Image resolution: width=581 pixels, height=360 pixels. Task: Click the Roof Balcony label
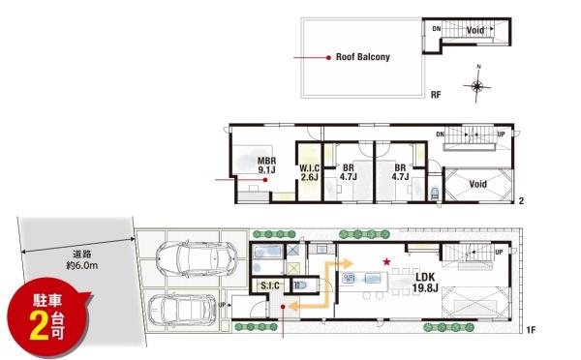click(363, 57)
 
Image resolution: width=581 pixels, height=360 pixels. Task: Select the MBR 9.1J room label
click(267, 165)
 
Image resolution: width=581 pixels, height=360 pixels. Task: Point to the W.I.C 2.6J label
click(310, 172)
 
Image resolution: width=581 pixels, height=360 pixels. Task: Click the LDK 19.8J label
click(425, 283)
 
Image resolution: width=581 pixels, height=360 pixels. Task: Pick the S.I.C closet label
click(270, 285)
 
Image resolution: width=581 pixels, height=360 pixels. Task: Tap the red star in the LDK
click(386, 262)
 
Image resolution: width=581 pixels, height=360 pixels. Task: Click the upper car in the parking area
click(197, 257)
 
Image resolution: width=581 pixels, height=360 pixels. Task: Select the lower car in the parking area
click(182, 310)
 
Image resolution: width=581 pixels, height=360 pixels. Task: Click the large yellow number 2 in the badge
click(40, 326)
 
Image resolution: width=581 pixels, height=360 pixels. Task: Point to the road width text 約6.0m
click(82, 265)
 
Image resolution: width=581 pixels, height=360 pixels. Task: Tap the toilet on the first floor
click(300, 285)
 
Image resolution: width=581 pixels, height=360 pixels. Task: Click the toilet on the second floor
click(435, 193)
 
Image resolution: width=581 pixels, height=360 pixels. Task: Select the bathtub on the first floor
click(267, 252)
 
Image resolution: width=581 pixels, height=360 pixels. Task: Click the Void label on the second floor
click(478, 184)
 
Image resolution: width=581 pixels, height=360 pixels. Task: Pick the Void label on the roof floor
click(475, 30)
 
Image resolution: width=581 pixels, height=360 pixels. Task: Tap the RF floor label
click(436, 95)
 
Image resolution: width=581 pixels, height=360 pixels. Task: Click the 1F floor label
click(531, 329)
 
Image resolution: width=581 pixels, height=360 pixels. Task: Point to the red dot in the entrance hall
click(283, 307)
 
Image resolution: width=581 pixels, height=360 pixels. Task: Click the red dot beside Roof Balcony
click(328, 58)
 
